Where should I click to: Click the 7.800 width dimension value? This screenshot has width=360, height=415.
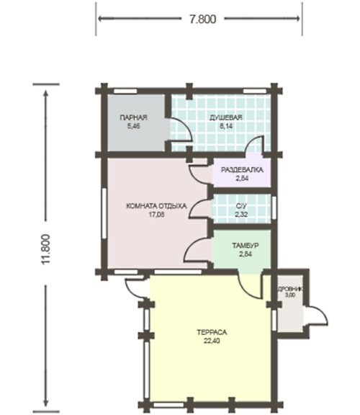(x=203, y=19)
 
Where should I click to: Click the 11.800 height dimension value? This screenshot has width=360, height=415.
(x=45, y=249)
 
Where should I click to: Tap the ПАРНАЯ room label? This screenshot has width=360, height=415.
(x=134, y=117)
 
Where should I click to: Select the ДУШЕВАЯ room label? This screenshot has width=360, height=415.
(x=226, y=117)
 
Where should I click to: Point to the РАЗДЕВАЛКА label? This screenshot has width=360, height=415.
(x=242, y=169)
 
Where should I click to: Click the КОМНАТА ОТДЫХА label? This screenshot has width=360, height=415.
(x=156, y=206)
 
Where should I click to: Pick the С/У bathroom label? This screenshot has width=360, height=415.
(x=241, y=205)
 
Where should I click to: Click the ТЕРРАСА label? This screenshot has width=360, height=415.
(x=212, y=332)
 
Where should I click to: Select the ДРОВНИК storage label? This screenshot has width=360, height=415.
(x=290, y=290)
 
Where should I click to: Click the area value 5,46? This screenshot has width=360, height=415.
(x=134, y=126)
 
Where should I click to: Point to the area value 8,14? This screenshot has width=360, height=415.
(x=226, y=126)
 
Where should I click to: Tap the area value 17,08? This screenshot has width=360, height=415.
(x=156, y=215)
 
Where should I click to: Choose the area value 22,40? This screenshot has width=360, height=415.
(x=212, y=341)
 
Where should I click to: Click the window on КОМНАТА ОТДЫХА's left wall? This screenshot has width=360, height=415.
(x=104, y=213)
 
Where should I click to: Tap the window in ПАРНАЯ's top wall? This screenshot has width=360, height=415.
(x=125, y=92)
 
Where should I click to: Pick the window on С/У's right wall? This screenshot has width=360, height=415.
(x=274, y=208)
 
